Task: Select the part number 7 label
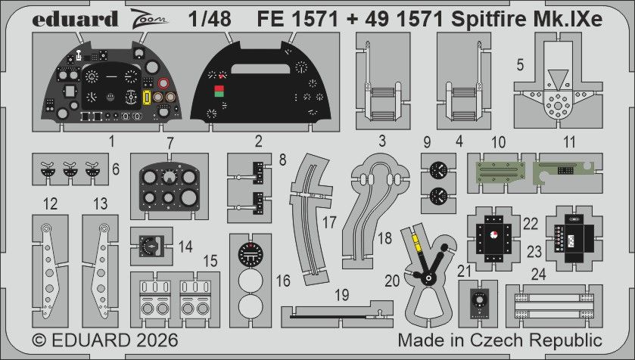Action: pyautogui.click(x=170, y=141)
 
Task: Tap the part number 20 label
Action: pyautogui.click(x=392, y=281)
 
